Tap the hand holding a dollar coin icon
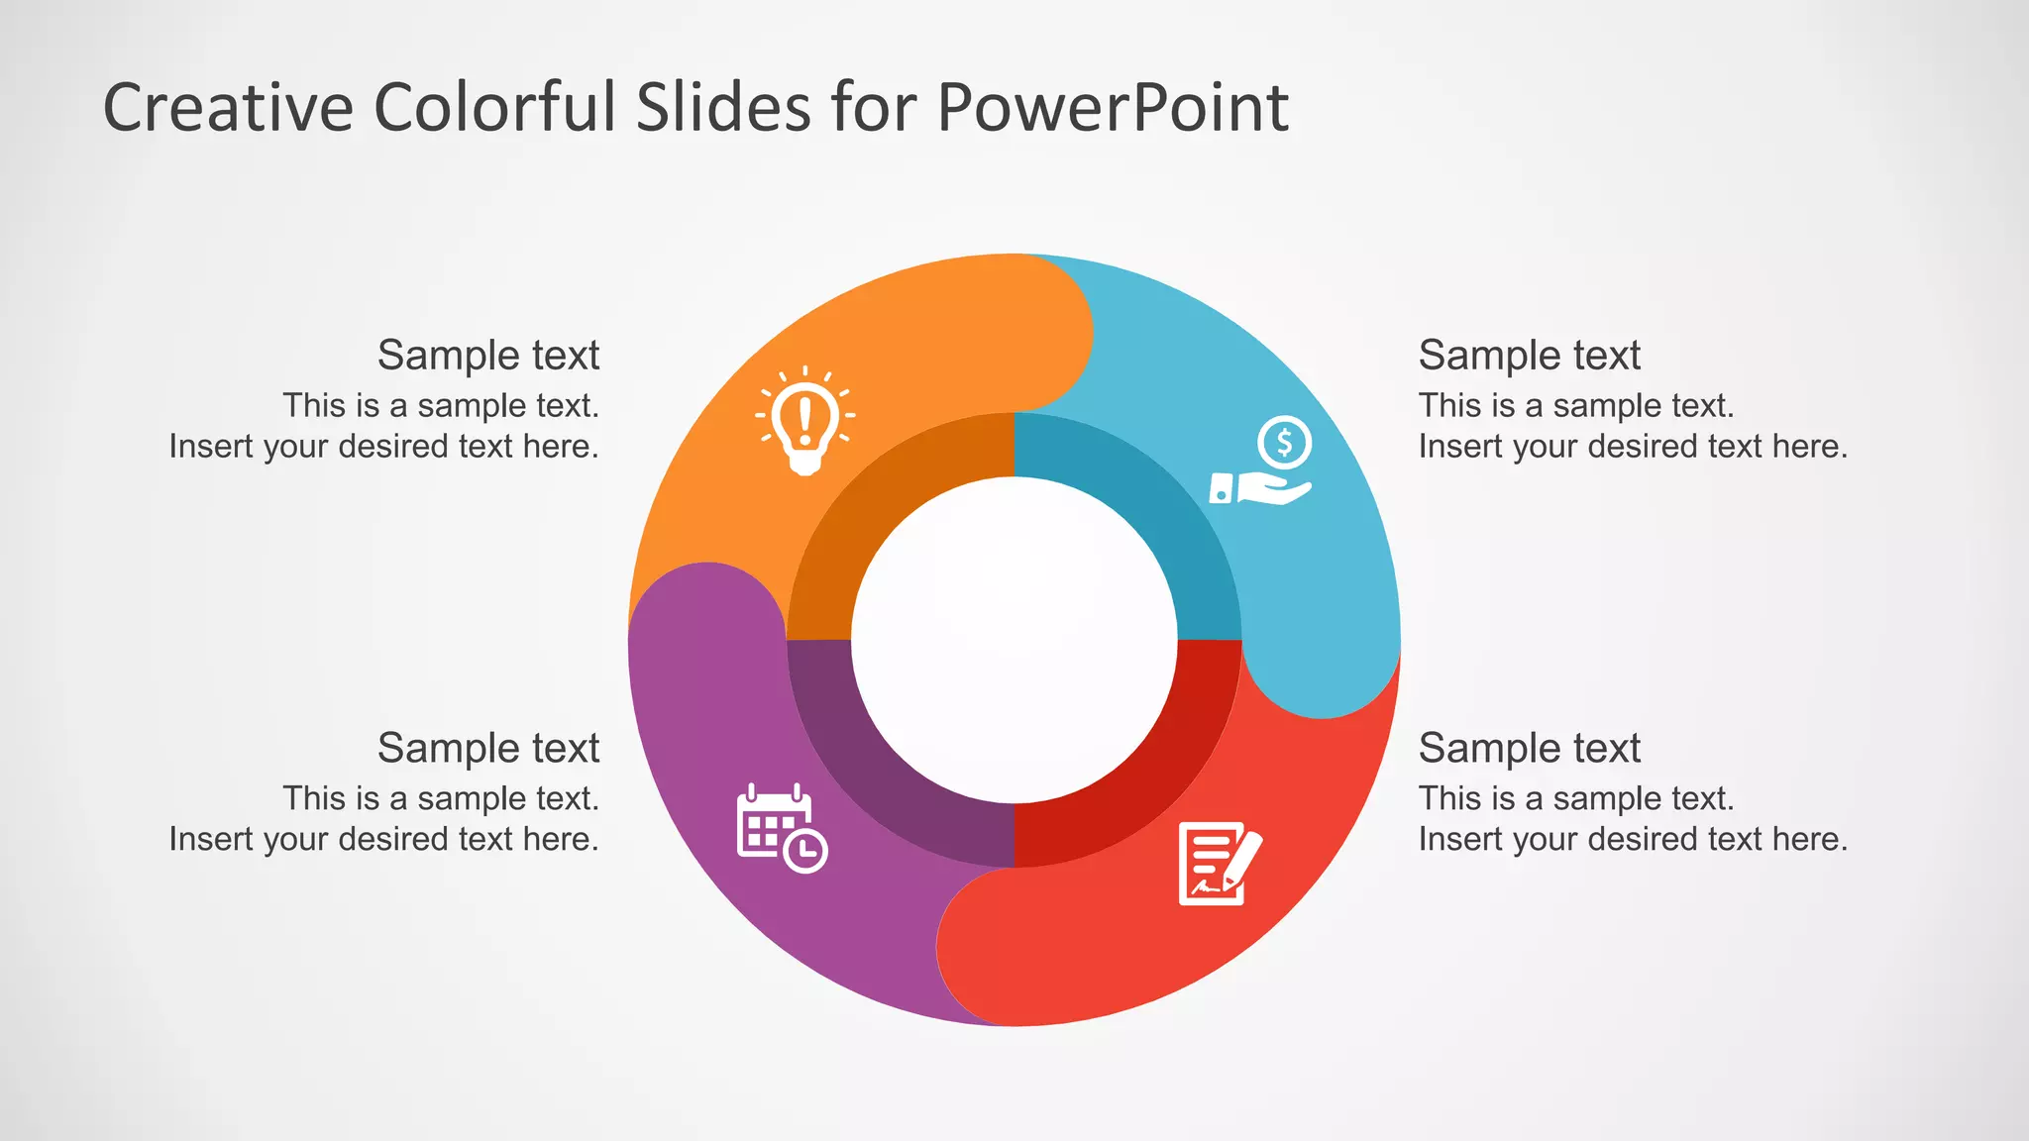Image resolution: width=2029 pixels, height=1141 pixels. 1261,462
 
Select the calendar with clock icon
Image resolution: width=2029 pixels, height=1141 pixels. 782,828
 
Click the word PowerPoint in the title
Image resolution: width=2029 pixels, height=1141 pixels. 1112,107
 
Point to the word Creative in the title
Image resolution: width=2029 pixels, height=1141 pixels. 229,107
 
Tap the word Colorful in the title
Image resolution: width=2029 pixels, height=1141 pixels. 495,107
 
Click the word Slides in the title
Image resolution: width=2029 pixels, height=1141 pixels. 724,107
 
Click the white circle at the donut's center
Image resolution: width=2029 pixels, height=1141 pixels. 1014,640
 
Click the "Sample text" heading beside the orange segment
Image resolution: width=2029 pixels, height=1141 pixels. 488,355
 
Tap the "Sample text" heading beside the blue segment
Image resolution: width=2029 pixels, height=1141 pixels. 1529,355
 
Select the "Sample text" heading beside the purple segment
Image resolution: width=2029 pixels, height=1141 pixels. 488,748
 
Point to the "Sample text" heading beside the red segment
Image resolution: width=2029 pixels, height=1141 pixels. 1529,748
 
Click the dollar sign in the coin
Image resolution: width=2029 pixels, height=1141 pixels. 1285,442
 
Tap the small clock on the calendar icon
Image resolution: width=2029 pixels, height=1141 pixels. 805,850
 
